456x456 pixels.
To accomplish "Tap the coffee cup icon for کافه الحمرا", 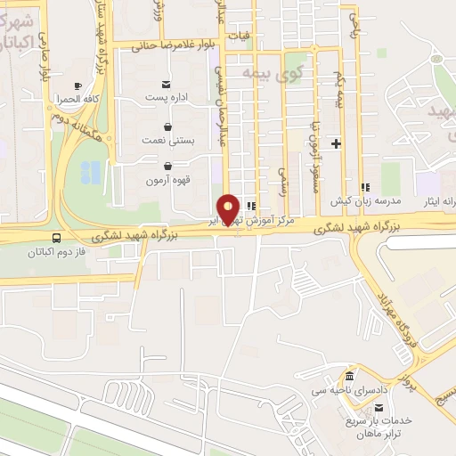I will tap(77, 85).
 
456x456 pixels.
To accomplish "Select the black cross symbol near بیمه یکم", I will tap(336, 142).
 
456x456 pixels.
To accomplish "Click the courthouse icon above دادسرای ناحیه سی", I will tap(349, 375).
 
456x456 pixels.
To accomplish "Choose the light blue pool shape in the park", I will tap(92, 172).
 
